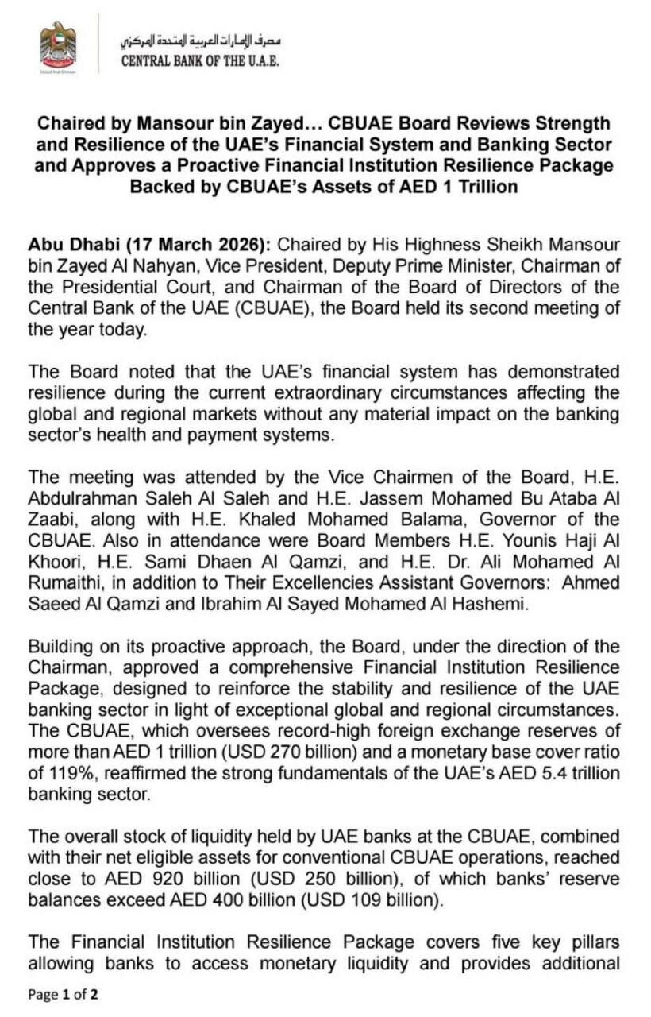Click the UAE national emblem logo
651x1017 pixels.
58,45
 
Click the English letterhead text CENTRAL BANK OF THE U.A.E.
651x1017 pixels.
200,60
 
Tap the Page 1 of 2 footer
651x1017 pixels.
64,994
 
